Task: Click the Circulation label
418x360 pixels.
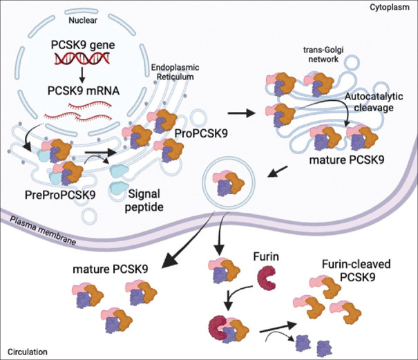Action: click(23, 352)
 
